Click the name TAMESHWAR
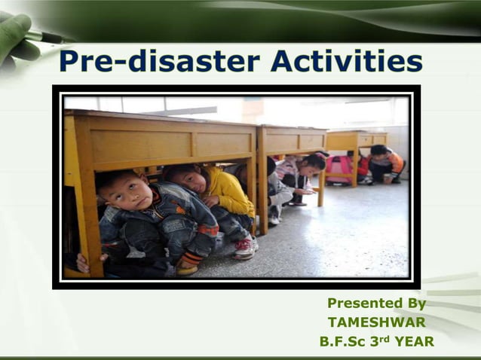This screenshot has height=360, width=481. point(377,322)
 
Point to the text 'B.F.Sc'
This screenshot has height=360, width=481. point(347,342)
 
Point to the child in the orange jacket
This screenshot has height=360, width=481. point(387,162)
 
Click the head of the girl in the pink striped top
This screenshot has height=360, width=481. point(311,163)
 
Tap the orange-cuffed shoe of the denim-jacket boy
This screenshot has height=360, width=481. point(187,265)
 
